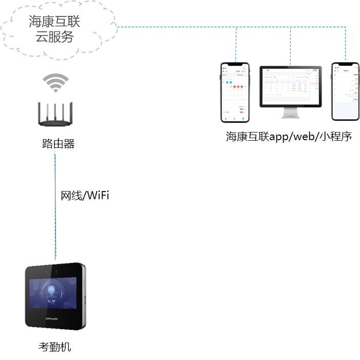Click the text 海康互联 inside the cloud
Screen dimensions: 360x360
coord(54,22)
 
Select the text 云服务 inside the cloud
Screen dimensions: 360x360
coord(54,37)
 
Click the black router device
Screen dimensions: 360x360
coord(55,117)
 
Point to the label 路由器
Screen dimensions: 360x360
coord(58,144)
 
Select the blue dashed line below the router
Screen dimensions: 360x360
coord(56,216)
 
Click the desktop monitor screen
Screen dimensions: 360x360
coord(291,85)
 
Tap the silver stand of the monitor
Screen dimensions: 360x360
coord(291,112)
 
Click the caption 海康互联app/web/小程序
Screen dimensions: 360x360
coord(289,137)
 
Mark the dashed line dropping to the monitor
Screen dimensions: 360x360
coord(291,46)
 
